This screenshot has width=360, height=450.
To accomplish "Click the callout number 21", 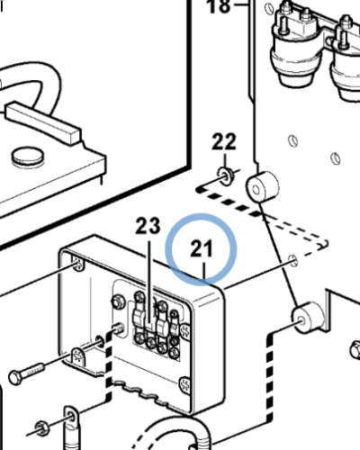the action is pos(202,248).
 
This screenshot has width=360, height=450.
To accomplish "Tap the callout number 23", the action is pos(148,226).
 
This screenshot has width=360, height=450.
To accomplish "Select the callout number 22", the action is pos(224,141).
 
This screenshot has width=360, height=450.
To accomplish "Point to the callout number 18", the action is pos(219,6).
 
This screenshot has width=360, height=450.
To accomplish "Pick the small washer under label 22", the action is pos(225,175).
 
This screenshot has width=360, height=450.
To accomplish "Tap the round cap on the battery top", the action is pos(28,157).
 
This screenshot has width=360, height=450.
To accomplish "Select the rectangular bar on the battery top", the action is pos(43,123).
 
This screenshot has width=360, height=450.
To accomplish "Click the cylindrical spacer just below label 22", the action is pos(263,186).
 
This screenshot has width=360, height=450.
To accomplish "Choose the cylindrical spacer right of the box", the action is pos(308,318).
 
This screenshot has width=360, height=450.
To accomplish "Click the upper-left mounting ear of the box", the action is pos(77,263).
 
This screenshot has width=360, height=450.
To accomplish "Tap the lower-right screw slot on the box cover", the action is pos(184,385).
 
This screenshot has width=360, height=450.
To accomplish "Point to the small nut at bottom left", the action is pos(43,429).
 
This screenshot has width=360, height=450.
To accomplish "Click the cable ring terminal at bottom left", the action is pos(71,426).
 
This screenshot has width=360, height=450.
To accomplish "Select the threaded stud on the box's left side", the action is pos(118,329).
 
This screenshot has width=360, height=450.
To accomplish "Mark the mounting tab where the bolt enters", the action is pos(78,355).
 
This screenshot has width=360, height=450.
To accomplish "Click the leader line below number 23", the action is pos(149,283).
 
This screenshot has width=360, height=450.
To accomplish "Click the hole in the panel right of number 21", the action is pos(292,260).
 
